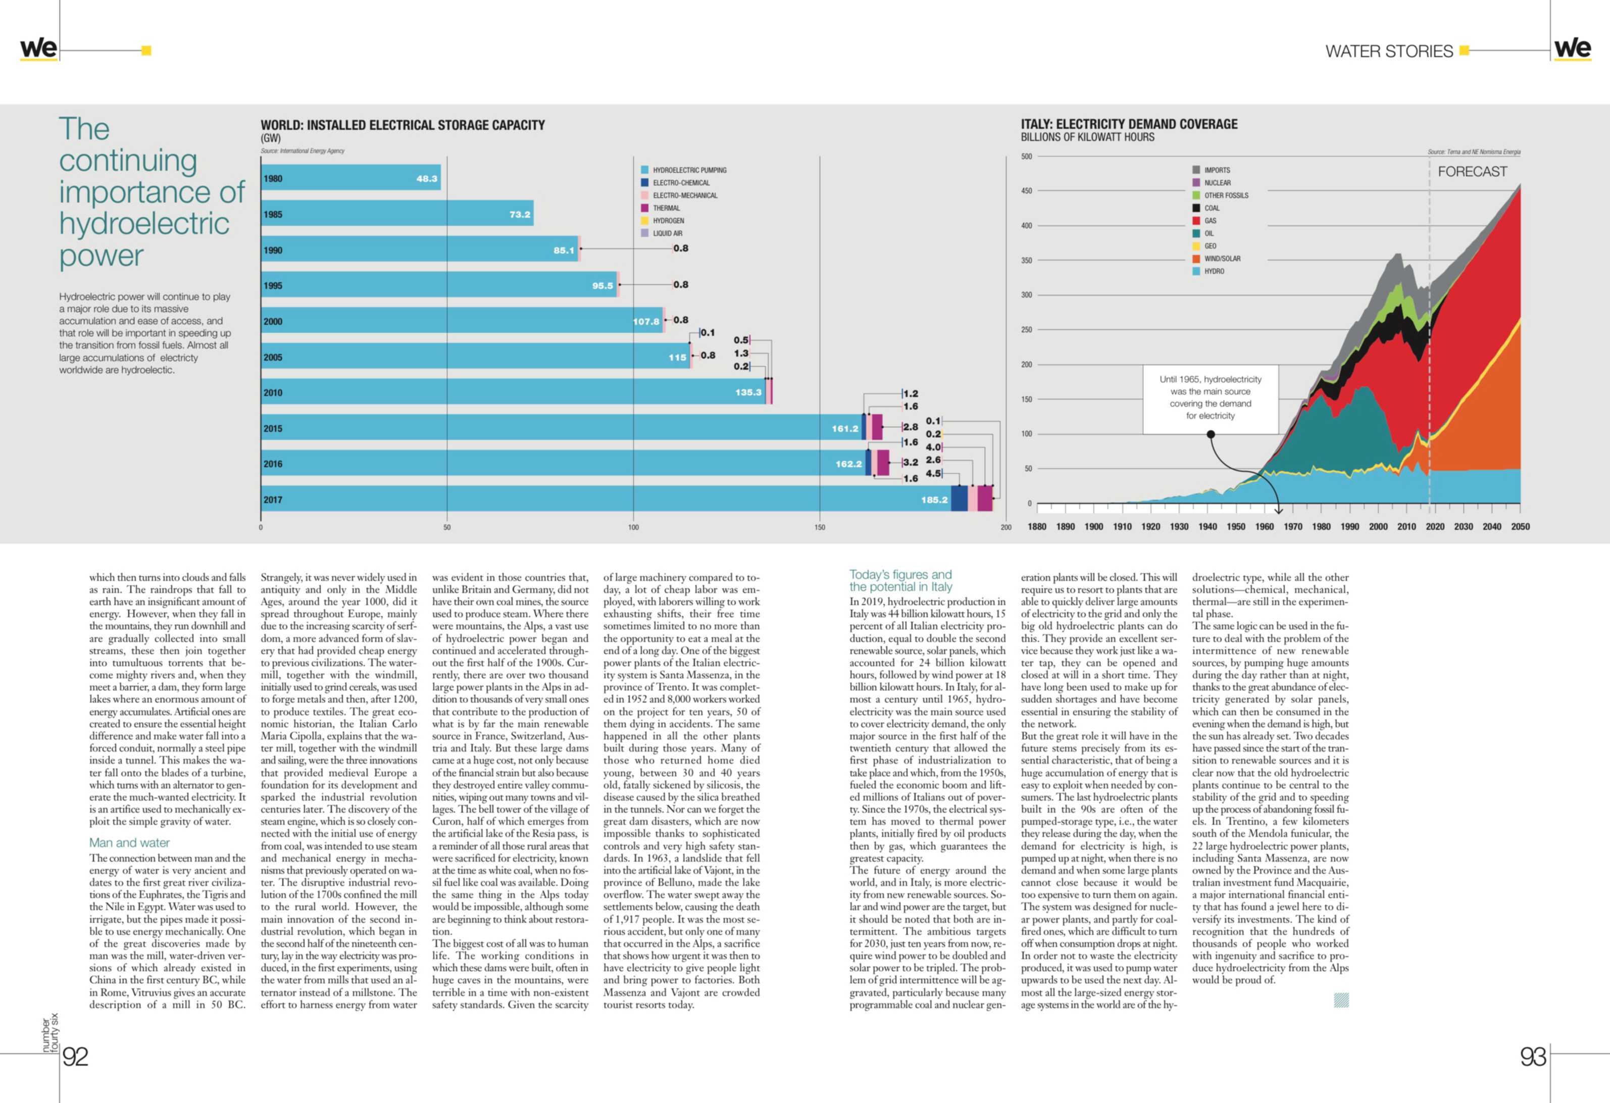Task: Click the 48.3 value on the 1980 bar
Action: click(427, 179)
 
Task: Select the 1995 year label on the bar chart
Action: click(273, 285)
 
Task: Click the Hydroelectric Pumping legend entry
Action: click(689, 170)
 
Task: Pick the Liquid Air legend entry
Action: click(667, 233)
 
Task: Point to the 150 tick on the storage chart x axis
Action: click(820, 527)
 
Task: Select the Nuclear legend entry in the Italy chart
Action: click(1217, 183)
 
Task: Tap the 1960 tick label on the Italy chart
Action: click(1264, 527)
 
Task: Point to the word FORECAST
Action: click(1472, 172)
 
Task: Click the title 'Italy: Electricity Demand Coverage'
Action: click(1129, 124)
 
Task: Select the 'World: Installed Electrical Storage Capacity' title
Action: click(403, 125)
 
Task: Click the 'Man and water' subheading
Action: click(130, 842)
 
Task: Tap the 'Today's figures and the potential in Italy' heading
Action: click(900, 581)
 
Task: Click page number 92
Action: click(76, 1057)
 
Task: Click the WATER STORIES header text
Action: click(1388, 52)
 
